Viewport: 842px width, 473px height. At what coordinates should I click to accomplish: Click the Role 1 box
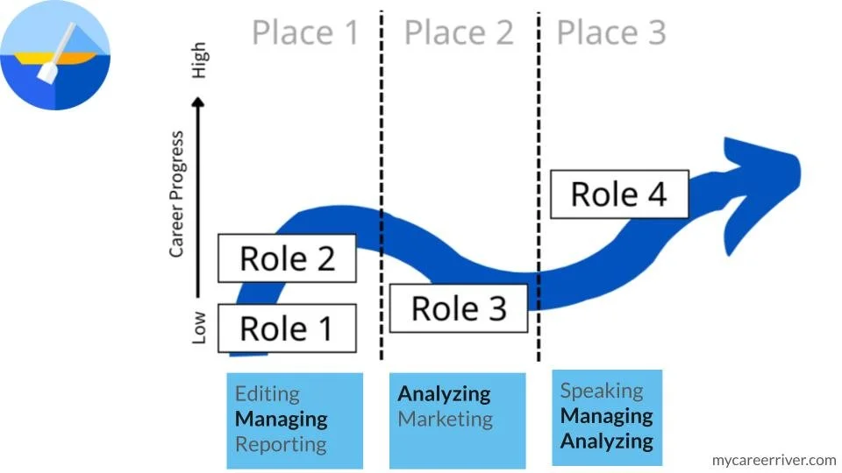coord(286,328)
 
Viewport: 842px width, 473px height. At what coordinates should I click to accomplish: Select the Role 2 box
coord(287,258)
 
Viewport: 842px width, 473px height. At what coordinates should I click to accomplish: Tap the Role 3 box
coord(459,307)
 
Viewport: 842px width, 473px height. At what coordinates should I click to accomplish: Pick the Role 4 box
coord(619,194)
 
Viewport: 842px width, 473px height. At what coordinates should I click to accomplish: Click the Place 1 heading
coord(305,32)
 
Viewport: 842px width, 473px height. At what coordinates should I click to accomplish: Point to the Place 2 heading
coord(458,32)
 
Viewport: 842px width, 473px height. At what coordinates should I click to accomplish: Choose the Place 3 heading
coord(611,32)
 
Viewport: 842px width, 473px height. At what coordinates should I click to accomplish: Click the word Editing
coord(267,394)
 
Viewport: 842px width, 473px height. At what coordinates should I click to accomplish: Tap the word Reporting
coord(280,443)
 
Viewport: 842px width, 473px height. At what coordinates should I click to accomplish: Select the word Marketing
coord(445,419)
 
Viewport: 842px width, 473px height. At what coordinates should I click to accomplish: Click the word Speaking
coord(602,391)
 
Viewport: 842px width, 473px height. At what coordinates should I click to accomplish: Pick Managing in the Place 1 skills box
coord(281,419)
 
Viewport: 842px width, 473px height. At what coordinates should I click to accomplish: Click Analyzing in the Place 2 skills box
coord(444,394)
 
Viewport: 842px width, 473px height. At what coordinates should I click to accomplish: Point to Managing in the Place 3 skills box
coord(607,415)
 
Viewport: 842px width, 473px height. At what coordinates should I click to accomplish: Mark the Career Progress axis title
coord(178,194)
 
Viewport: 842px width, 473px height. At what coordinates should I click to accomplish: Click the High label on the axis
coord(201,59)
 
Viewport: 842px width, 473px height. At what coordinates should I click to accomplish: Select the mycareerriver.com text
coord(774,459)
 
